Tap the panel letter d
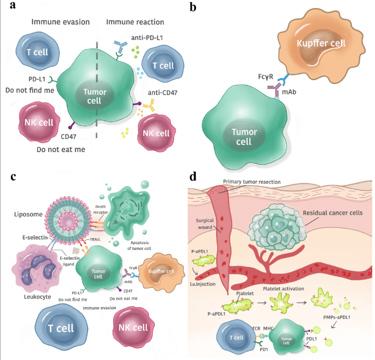[x=193, y=176]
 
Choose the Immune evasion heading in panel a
[x=60, y=22]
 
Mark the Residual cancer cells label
[x=333, y=213]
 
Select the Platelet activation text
[x=288, y=289]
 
